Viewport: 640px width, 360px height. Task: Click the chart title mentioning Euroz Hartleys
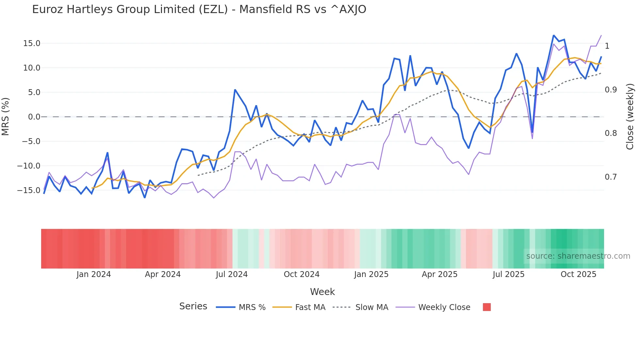(x=199, y=9)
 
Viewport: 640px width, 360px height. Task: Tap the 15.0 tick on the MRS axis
(x=32, y=43)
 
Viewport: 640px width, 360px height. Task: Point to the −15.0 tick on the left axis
(x=29, y=190)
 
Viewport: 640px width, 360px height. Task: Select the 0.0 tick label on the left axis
(x=34, y=117)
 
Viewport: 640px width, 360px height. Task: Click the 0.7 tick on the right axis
(x=611, y=177)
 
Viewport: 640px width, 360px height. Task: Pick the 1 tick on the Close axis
(x=607, y=46)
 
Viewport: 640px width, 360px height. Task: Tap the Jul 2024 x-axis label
(x=232, y=274)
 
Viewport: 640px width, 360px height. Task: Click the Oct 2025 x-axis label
(x=578, y=274)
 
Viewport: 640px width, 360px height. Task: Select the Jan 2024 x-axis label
(x=93, y=274)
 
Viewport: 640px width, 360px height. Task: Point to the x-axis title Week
(x=322, y=292)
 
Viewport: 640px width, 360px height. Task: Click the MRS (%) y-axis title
(x=6, y=117)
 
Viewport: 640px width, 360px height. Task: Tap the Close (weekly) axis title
(x=630, y=117)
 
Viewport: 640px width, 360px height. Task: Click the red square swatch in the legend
(x=487, y=307)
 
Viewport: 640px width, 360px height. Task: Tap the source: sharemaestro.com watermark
(x=578, y=256)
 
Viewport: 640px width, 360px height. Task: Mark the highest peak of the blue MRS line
(x=554, y=35)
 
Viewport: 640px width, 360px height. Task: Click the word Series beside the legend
(x=193, y=306)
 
